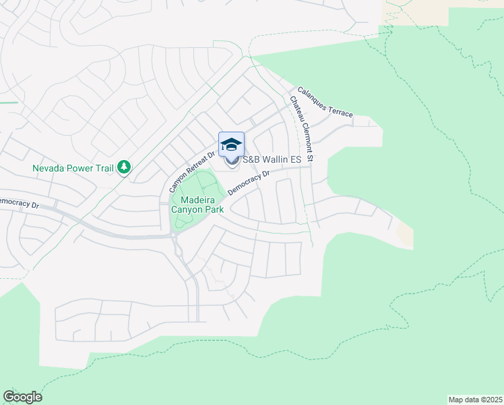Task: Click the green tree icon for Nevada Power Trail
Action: [x=124, y=166]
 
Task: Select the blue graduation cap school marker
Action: [x=231, y=144]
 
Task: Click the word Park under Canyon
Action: [x=214, y=209]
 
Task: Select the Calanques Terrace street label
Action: [x=325, y=103]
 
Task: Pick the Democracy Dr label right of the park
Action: [x=249, y=182]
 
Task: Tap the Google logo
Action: [x=22, y=397]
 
